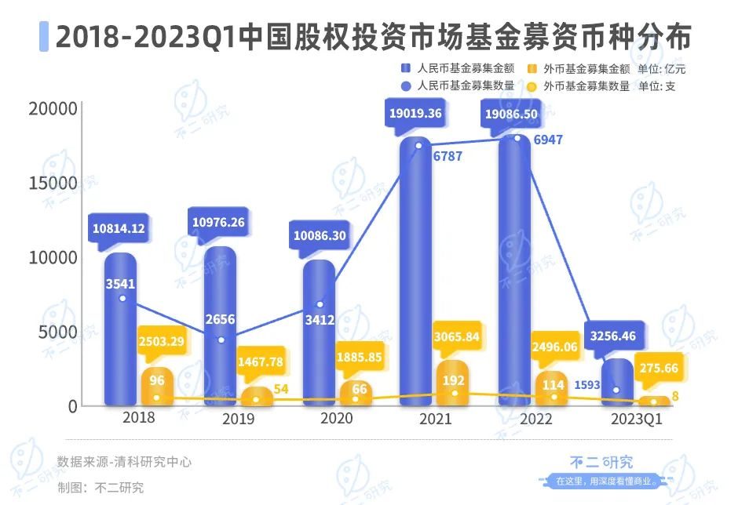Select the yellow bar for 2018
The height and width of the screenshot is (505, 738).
tap(157, 387)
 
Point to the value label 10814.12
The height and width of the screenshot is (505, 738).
tap(119, 228)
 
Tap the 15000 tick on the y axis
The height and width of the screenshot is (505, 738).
tap(54, 183)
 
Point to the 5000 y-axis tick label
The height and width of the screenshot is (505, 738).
tap(59, 332)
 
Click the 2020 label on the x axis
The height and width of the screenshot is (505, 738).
tap(336, 418)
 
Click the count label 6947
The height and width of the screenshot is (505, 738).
tap(548, 140)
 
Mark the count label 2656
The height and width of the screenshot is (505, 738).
tap(220, 319)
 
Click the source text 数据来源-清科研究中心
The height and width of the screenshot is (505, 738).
tap(124, 462)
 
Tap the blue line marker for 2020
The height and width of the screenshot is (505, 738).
tap(320, 304)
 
